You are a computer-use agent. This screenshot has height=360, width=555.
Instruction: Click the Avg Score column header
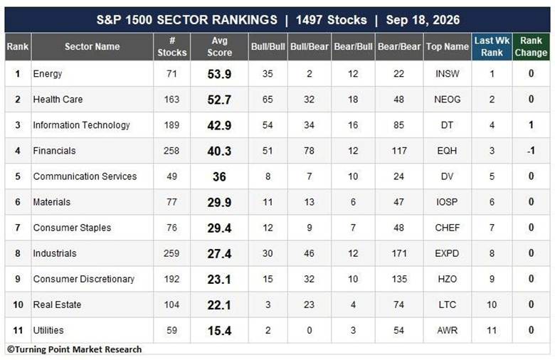[x=219, y=46]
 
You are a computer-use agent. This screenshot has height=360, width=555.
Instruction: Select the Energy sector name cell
[x=48, y=73]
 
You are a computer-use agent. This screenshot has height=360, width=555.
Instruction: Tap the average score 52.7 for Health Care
[x=219, y=100]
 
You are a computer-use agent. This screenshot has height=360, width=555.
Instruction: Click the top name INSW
[x=448, y=73]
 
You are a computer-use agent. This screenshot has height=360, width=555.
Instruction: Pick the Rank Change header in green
[x=531, y=46]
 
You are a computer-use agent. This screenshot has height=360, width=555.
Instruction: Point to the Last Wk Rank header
[x=492, y=46]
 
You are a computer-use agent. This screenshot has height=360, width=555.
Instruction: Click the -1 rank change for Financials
[x=531, y=151]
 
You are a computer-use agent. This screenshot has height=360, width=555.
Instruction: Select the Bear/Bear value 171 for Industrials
[x=399, y=253]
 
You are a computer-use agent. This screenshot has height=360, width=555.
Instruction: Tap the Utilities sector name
[x=48, y=330]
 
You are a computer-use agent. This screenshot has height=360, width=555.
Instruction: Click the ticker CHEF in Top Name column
[x=448, y=228]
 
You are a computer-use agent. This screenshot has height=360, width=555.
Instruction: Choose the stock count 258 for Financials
[x=171, y=151]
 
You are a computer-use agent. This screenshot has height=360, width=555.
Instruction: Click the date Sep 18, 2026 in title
[x=423, y=20]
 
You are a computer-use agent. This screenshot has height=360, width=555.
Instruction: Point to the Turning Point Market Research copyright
[x=74, y=349]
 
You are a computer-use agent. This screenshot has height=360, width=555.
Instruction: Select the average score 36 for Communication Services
[x=219, y=176]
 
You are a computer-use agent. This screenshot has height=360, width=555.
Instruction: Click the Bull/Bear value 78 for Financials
[x=309, y=151]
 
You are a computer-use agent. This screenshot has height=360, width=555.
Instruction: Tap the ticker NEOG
[x=448, y=100]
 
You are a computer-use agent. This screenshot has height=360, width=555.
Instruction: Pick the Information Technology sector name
[x=81, y=125]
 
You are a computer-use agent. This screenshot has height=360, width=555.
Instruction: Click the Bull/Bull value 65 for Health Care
[x=268, y=100]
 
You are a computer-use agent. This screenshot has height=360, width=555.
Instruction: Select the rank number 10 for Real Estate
[x=18, y=305]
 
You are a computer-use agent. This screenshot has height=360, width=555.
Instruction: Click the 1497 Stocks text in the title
[x=332, y=20]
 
